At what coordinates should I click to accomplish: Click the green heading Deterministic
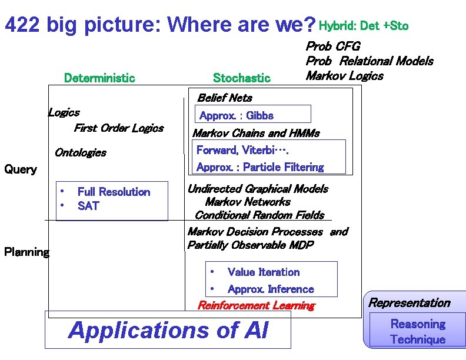(99, 78)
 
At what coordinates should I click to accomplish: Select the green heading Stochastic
(241, 78)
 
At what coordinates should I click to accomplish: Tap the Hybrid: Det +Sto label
(363, 26)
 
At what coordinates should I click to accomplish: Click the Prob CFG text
(332, 46)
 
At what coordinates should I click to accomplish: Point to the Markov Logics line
(344, 76)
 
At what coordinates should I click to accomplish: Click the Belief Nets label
(224, 98)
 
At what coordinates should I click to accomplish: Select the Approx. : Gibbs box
(252, 114)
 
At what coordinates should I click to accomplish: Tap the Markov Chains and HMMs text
(256, 133)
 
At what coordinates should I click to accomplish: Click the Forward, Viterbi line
(242, 150)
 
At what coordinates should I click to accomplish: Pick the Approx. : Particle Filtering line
(260, 167)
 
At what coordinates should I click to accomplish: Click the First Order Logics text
(118, 128)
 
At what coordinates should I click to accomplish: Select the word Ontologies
(80, 153)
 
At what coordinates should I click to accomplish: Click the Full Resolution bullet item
(114, 192)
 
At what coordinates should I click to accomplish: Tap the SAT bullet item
(88, 206)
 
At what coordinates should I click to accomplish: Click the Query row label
(21, 169)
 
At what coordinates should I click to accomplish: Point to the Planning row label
(26, 252)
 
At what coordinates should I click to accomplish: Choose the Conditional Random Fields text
(259, 215)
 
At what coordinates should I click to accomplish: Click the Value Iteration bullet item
(263, 272)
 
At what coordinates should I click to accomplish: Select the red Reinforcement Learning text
(256, 305)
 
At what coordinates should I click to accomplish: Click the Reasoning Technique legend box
(418, 332)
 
